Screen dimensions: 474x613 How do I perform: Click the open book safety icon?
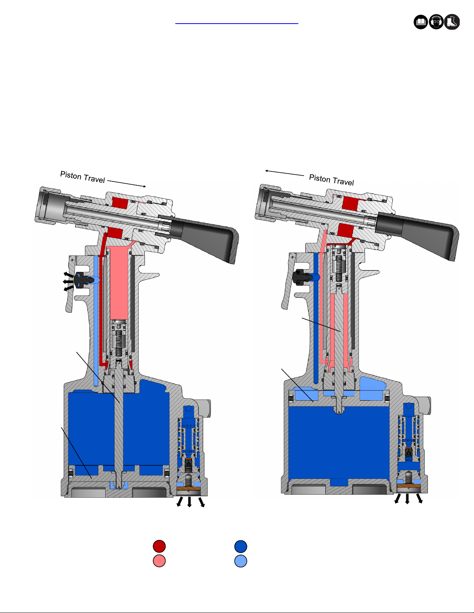tap(421, 22)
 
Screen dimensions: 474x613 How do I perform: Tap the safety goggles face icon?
tap(436, 22)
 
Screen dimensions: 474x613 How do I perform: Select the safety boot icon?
tap(452, 22)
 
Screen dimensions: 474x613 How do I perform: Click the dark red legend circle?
tap(159, 546)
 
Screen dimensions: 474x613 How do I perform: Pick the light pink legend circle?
tap(159, 561)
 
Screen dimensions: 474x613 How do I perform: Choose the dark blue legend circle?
tap(241, 546)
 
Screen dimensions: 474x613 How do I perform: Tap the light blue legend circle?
tap(241, 561)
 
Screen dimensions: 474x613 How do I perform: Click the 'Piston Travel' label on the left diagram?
tap(82, 177)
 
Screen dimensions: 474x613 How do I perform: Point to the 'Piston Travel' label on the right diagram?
tap(332, 180)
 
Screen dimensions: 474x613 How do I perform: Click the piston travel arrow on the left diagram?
tap(127, 183)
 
